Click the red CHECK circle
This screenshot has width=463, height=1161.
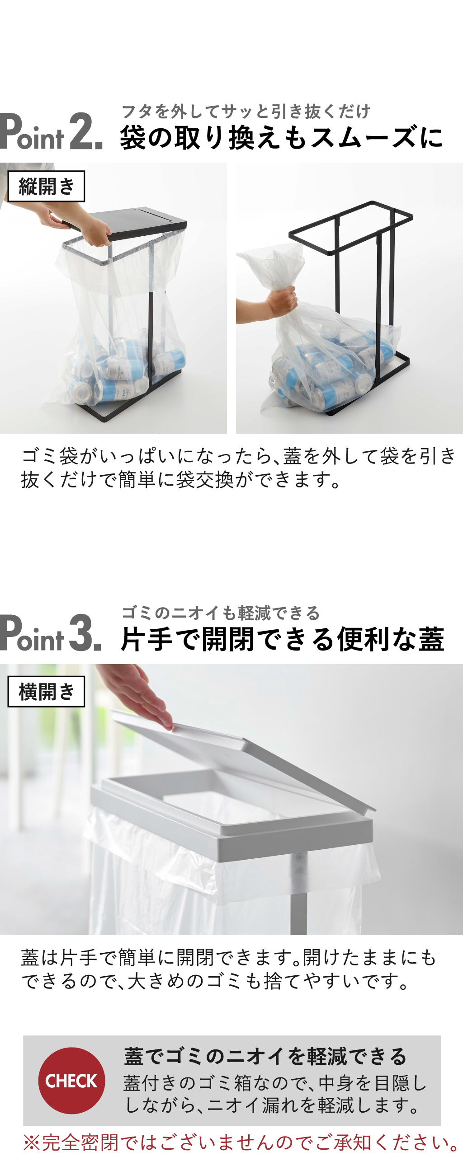(x=71, y=1081)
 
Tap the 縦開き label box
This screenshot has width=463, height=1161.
(x=46, y=186)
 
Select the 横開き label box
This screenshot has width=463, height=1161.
(x=46, y=692)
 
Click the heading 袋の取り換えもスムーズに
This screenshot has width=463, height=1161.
(x=281, y=137)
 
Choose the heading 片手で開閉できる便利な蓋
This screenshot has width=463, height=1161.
(x=283, y=639)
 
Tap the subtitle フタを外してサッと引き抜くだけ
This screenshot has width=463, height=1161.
(x=246, y=111)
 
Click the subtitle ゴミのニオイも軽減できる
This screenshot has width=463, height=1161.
(x=221, y=613)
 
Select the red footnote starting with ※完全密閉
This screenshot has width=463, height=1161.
(x=241, y=1142)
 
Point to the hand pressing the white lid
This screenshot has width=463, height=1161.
(x=136, y=696)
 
